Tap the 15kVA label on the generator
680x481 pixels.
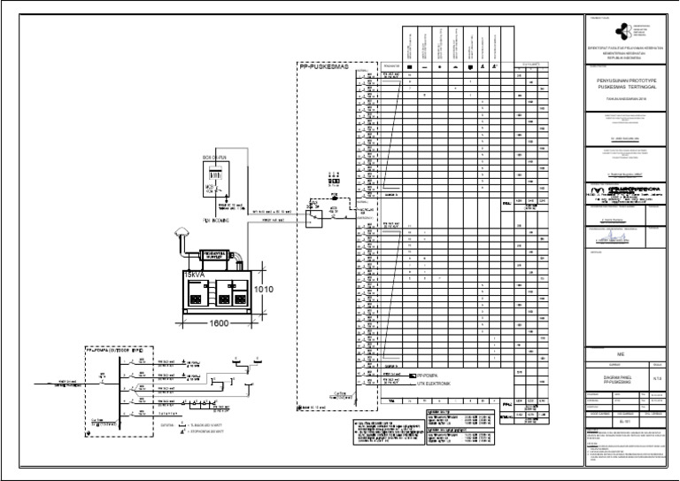click(x=192, y=275)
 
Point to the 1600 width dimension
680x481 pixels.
click(x=220, y=323)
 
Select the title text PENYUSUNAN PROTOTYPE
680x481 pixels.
click(x=629, y=80)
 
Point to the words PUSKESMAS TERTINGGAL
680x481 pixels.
click(x=629, y=88)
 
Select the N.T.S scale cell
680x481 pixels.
click(x=657, y=378)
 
